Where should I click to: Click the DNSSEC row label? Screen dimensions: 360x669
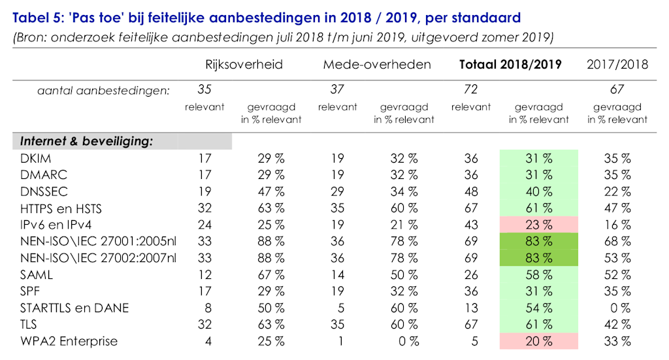pos(44,191)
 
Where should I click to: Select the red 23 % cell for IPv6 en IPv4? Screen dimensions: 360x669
pos(539,225)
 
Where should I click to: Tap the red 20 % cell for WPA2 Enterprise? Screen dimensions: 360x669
pos(539,341)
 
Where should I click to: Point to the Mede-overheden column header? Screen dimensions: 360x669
pos(377,64)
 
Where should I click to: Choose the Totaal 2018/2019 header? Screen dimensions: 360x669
pos(512,64)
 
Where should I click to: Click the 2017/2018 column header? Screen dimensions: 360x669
pos(617,64)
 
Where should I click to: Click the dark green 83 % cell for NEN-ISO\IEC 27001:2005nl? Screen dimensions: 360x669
pos(539,242)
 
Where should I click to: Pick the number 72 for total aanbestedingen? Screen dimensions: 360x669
pos(470,90)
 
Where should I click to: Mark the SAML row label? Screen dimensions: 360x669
pos(37,275)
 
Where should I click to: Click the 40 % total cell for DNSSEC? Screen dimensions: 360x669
pos(539,191)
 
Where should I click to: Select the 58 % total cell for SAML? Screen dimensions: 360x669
pos(539,275)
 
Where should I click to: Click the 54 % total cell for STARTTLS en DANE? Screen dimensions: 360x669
pos(539,308)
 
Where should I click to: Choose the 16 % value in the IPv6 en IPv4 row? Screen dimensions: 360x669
pos(617,225)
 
